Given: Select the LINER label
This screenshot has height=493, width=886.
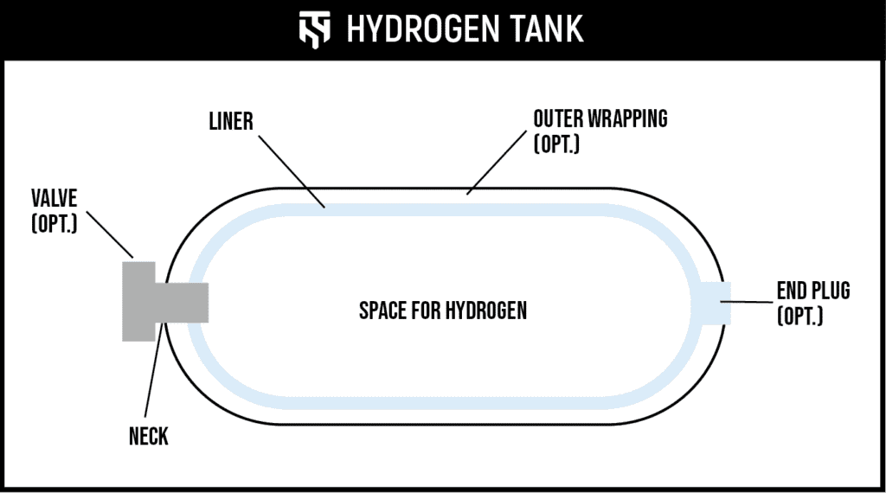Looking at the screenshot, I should tap(230, 120).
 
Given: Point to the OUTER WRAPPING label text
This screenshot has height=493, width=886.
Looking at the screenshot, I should tap(600, 118).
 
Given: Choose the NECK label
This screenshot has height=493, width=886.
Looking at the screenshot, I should tap(149, 437).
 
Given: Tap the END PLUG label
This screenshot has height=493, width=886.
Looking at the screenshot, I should tap(812, 291).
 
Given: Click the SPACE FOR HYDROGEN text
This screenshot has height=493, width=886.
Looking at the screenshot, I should tap(442, 311).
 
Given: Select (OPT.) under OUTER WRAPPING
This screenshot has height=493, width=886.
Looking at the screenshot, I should tap(556, 142).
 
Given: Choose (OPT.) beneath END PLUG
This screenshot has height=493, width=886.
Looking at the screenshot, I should tap(800, 316).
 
